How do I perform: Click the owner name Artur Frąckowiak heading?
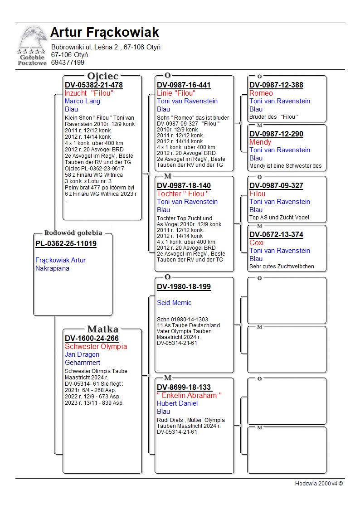(x=104, y=33)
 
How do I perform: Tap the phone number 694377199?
(x=68, y=63)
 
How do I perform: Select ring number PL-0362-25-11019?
(x=66, y=244)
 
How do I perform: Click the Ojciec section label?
(x=102, y=76)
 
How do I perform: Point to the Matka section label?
(x=102, y=329)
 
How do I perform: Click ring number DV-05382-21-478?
(x=94, y=85)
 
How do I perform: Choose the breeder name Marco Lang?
(x=83, y=101)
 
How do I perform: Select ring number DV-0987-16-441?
(x=184, y=85)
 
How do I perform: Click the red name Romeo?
(x=261, y=93)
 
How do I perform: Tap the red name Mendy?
(x=260, y=142)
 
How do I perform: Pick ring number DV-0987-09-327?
(x=276, y=185)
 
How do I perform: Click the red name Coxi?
(x=256, y=242)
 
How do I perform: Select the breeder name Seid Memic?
(x=174, y=303)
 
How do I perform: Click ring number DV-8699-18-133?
(x=184, y=387)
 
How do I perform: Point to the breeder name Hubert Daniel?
(x=177, y=403)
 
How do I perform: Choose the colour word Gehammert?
(x=83, y=363)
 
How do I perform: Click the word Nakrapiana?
(x=52, y=268)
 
